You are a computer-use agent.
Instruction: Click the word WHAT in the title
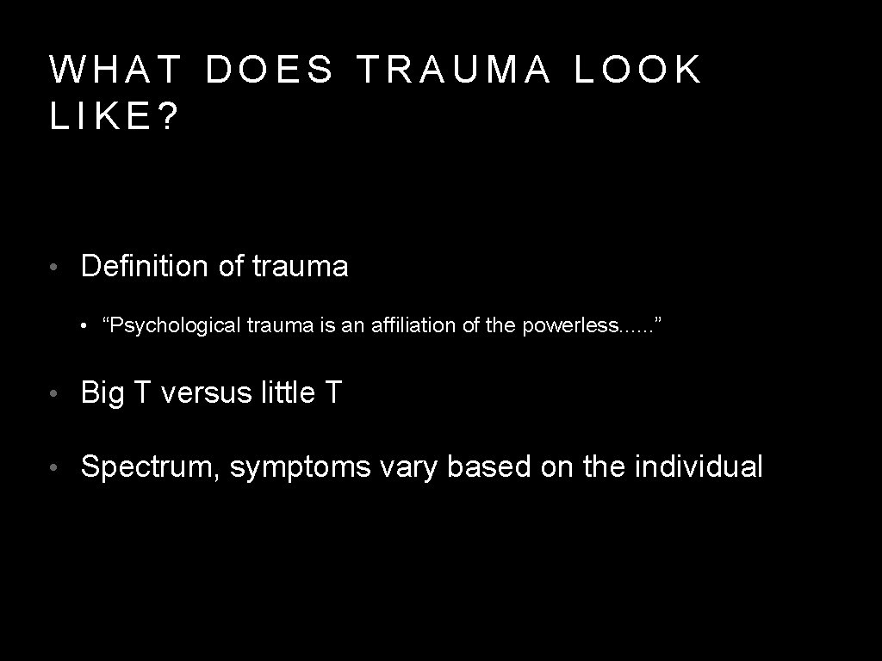pyautogui.click(x=115, y=70)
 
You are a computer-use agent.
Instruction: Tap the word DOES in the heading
pyautogui.click(x=269, y=70)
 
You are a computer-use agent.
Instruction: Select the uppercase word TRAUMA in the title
pyautogui.click(x=454, y=70)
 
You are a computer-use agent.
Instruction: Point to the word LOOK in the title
pyautogui.click(x=638, y=70)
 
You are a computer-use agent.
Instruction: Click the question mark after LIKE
pyautogui.click(x=168, y=119)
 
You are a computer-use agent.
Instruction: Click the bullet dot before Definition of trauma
pyautogui.click(x=54, y=268)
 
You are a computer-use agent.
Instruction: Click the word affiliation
pyautogui.click(x=420, y=325)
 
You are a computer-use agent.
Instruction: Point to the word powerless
pyautogui.click(x=569, y=325)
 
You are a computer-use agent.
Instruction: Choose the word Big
pyautogui.click(x=102, y=393)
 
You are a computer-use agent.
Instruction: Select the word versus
pyautogui.click(x=206, y=393)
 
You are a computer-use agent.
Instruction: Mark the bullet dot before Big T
pyautogui.click(x=54, y=394)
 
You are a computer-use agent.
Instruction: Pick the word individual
pyautogui.click(x=699, y=467)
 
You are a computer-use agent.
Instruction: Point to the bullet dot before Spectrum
pyautogui.click(x=54, y=467)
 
